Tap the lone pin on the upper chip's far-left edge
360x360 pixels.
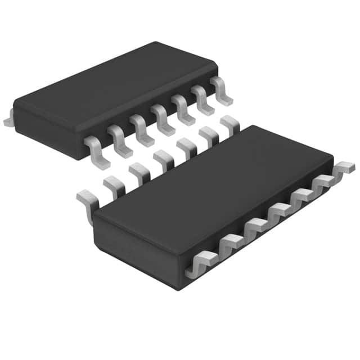tap(8, 119)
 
